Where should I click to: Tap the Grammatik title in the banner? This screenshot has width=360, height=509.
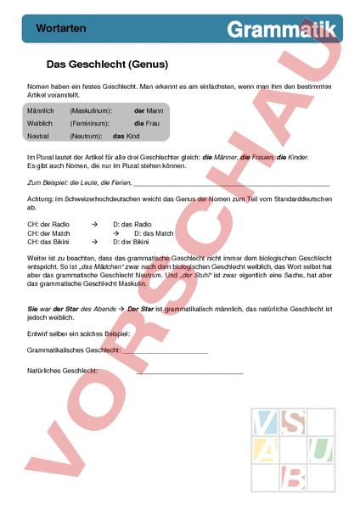(281, 29)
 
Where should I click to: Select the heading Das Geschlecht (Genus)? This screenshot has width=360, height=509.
(106, 64)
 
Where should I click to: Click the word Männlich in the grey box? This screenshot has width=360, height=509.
(42, 111)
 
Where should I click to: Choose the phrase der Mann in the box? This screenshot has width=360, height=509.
(148, 111)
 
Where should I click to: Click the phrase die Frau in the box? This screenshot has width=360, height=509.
(147, 123)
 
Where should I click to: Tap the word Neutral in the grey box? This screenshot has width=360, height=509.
(39, 135)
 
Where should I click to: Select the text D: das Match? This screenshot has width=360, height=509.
(155, 232)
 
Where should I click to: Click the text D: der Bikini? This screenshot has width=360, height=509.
(134, 241)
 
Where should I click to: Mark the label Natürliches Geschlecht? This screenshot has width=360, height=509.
(62, 371)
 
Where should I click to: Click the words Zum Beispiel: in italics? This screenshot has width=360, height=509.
(50, 182)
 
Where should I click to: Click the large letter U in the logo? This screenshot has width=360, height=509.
(319, 447)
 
